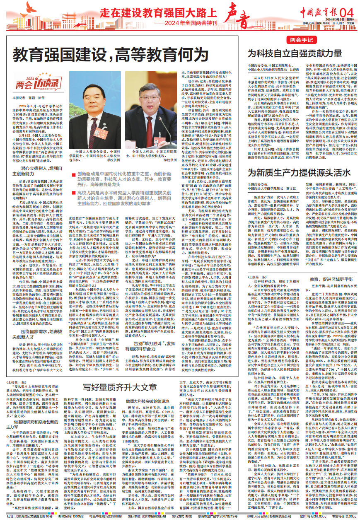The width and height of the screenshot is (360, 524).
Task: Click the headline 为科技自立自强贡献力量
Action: click(290, 53)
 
